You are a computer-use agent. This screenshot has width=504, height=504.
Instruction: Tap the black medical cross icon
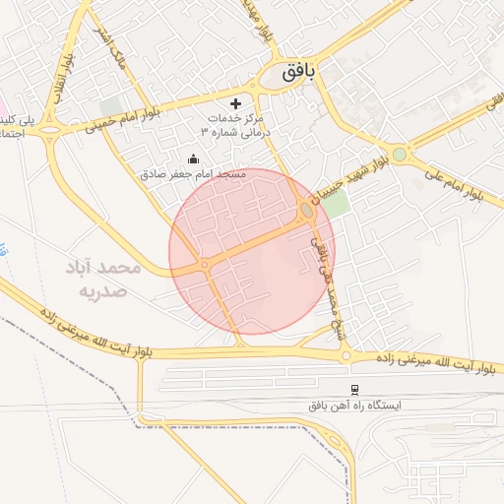[x=235, y=103]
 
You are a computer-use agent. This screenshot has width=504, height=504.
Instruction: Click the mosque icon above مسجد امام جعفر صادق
[x=193, y=158]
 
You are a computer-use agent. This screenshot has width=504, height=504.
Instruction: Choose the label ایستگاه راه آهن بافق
[x=352, y=405]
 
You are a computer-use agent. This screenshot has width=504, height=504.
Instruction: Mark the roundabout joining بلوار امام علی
[x=399, y=155]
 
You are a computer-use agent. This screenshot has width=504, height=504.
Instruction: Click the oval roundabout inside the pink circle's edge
[x=308, y=211]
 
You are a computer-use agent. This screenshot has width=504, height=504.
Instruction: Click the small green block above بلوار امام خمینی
[x=110, y=104]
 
